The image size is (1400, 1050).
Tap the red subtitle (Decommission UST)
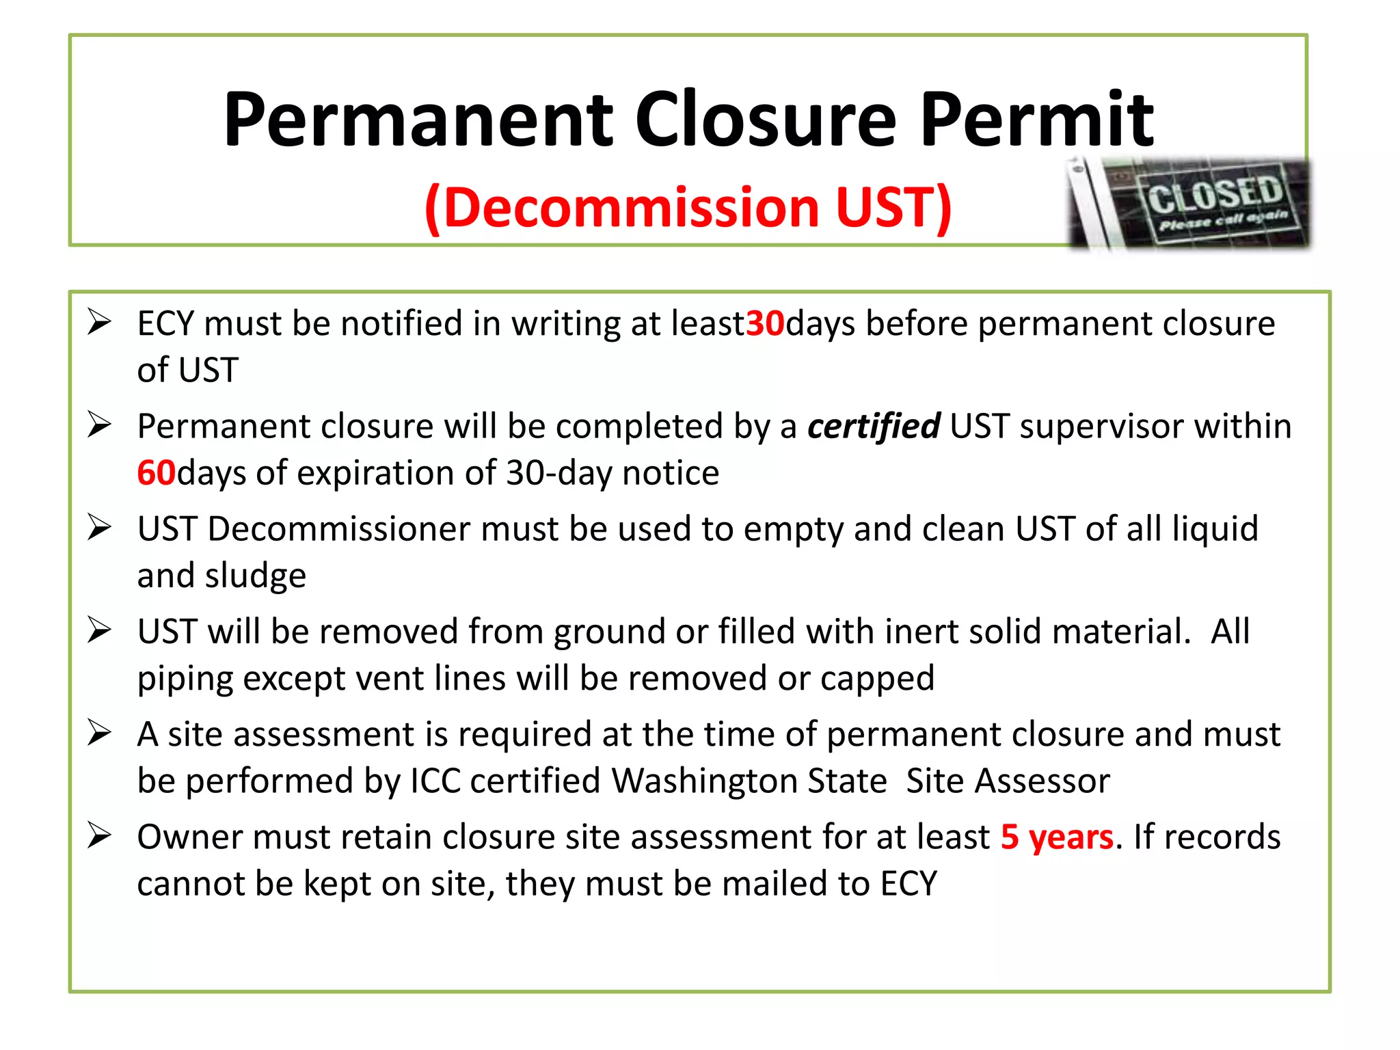coord(688,207)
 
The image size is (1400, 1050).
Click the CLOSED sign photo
coord(1189,203)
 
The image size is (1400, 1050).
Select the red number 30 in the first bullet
coord(765,323)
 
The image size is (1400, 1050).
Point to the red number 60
coord(157,473)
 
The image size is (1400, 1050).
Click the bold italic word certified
coord(874,427)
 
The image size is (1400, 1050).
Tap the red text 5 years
coord(1057,837)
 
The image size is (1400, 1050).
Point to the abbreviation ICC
coord(435,781)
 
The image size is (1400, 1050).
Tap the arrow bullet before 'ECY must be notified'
coord(99,322)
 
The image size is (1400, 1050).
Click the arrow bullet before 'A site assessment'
coord(99,733)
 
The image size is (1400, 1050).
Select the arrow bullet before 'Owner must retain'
coord(99,836)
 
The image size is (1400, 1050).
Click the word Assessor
coord(1042,781)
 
